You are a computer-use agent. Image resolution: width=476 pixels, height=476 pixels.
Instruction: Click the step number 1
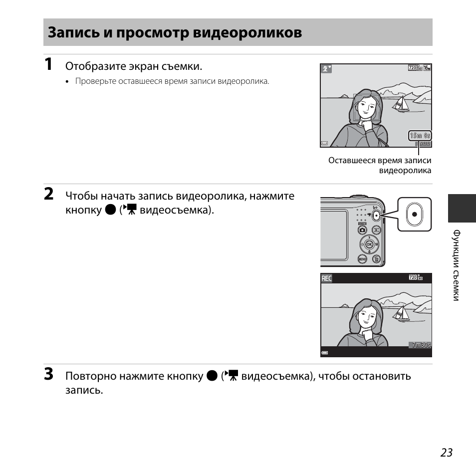point(48,64)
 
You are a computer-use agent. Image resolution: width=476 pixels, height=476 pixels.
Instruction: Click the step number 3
point(48,374)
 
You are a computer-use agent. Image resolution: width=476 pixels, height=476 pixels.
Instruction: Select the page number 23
point(446,452)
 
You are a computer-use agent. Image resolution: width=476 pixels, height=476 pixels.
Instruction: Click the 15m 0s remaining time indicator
point(420,135)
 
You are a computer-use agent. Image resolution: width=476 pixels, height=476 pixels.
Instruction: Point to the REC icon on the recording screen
point(326,279)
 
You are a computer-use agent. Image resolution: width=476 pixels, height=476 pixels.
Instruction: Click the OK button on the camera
point(369,244)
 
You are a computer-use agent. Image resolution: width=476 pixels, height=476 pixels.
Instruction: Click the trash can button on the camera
point(377,259)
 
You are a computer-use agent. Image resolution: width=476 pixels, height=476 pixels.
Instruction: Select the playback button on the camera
point(377,230)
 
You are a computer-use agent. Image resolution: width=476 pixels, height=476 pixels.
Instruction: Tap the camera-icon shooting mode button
point(362,230)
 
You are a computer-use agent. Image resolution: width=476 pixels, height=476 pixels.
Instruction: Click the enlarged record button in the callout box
point(415,214)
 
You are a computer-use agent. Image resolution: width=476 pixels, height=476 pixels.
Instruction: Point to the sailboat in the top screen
point(400,103)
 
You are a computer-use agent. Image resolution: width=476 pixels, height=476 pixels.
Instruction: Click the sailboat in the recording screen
point(401,313)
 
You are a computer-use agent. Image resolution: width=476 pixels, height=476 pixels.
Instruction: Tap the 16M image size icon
point(427,68)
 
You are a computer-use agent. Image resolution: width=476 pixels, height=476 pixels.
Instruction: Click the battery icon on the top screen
point(324,143)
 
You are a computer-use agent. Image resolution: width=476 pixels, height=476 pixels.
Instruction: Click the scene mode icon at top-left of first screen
point(326,69)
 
